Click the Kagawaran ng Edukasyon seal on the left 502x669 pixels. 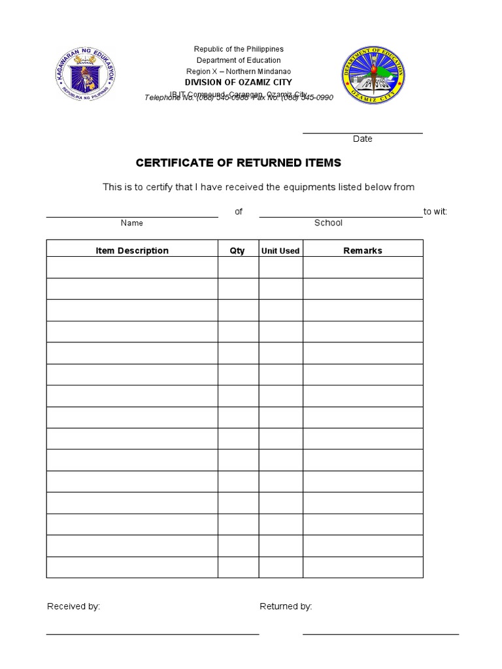[85, 76]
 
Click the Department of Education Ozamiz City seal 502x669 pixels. [373, 76]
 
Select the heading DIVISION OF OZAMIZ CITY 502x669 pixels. [239, 82]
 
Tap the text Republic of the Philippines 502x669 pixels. [239, 49]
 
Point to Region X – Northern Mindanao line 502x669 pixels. [239, 71]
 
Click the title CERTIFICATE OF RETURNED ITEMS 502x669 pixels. [238, 163]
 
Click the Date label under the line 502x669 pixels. [362, 139]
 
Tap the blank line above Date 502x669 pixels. [362, 133]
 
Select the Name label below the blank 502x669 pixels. [131, 223]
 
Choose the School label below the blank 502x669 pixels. [328, 223]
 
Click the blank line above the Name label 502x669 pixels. [131, 216]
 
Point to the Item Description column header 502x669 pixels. [132, 250]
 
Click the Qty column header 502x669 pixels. [237, 250]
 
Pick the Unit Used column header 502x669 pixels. [280, 251]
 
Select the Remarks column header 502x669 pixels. [363, 250]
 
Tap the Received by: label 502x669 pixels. [73, 606]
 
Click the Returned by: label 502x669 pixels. [286, 606]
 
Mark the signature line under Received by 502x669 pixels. [152, 634]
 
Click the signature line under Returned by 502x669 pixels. [380, 634]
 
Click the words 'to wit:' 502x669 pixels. [435, 212]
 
